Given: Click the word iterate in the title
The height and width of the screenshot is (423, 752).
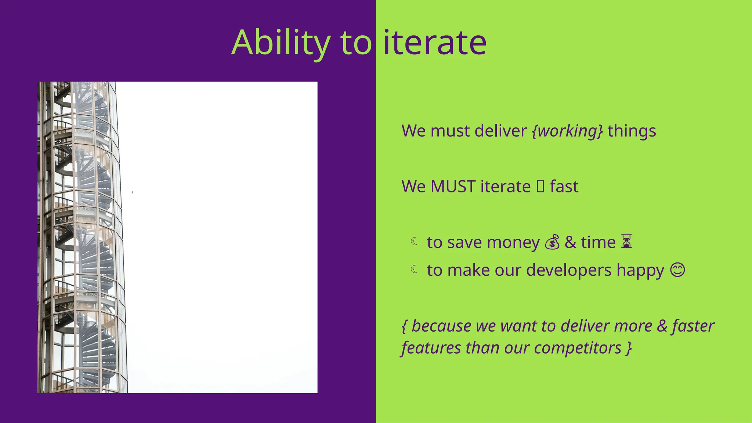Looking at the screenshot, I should (435, 43).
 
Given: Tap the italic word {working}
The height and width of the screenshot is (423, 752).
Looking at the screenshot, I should (567, 131).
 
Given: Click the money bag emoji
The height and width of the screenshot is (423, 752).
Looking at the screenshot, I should (552, 242).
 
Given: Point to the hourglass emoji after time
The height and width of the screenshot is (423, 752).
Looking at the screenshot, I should (626, 242).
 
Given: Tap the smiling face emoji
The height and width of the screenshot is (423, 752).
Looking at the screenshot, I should (677, 270).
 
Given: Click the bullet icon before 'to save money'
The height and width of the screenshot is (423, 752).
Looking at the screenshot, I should (415, 241).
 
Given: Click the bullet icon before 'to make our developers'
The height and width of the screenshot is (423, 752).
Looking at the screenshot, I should (415, 270).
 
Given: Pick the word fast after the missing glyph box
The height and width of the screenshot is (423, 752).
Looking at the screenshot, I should (564, 187).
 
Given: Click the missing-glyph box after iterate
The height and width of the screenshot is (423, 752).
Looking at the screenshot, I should (540, 187).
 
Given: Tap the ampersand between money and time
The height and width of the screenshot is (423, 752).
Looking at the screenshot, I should (570, 242).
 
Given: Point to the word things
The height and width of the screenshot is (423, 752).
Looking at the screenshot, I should (632, 131).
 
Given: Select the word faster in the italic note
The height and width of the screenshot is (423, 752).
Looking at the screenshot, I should (693, 326).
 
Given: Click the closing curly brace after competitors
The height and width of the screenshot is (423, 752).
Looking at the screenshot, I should (629, 348).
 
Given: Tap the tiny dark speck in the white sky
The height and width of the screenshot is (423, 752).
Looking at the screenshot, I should (133, 192).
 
